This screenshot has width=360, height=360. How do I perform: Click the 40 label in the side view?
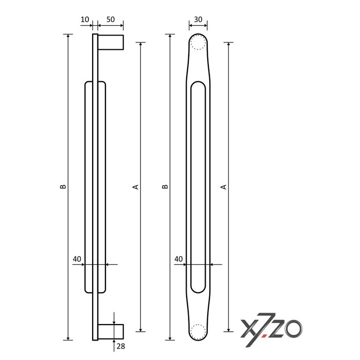pyautogui.click(x=77, y=259)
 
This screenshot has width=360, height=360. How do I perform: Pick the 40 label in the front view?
pyautogui.click(x=179, y=259)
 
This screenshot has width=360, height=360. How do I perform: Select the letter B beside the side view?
pyautogui.click(x=62, y=187)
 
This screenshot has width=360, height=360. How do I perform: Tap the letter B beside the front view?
pyautogui.click(x=165, y=187)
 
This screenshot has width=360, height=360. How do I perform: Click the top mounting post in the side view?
pyautogui.click(x=111, y=42)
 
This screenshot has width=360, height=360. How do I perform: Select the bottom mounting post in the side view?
pyautogui.click(x=111, y=332)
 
